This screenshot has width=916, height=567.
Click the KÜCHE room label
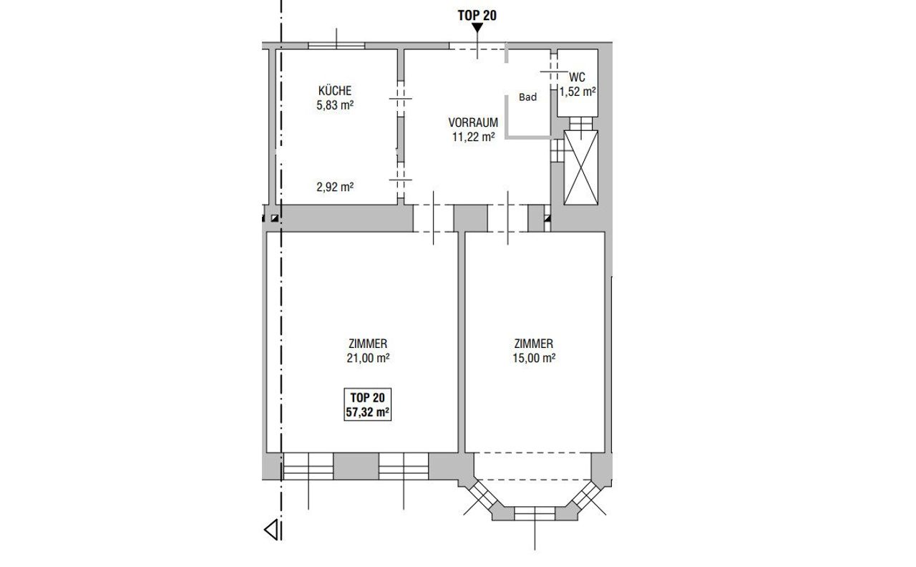pyautogui.click(x=334, y=90)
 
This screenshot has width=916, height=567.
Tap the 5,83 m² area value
pyautogui.click(x=334, y=105)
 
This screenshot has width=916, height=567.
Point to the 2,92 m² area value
pyautogui.click(x=334, y=187)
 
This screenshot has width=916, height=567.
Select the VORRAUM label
pyautogui.click(x=473, y=122)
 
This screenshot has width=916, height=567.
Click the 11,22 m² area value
pyautogui.click(x=473, y=137)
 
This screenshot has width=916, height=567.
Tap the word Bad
pyautogui.click(x=527, y=97)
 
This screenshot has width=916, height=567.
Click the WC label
pyautogui.click(x=577, y=77)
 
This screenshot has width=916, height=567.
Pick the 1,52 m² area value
pyautogui.click(x=578, y=92)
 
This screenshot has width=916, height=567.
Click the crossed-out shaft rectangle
pyautogui.click(x=580, y=168)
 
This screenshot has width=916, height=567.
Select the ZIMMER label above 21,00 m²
pyautogui.click(x=368, y=343)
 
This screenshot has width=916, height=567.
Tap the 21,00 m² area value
pyautogui.click(x=368, y=358)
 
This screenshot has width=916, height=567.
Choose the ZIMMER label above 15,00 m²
pyautogui.click(x=534, y=343)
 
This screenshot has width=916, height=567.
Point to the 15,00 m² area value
pyautogui.click(x=534, y=358)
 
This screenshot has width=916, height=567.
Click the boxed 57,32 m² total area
pyautogui.click(x=367, y=412)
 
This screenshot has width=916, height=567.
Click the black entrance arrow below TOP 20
pyautogui.click(x=477, y=28)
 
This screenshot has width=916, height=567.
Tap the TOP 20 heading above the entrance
pyautogui.click(x=477, y=16)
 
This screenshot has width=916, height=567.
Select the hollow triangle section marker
pyautogui.click(x=271, y=530)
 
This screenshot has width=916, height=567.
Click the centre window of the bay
pyautogui.click(x=535, y=513)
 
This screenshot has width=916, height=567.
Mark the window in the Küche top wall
pyautogui.click(x=336, y=45)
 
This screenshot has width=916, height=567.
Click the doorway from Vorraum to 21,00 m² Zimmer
pyautogui.click(x=434, y=218)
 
